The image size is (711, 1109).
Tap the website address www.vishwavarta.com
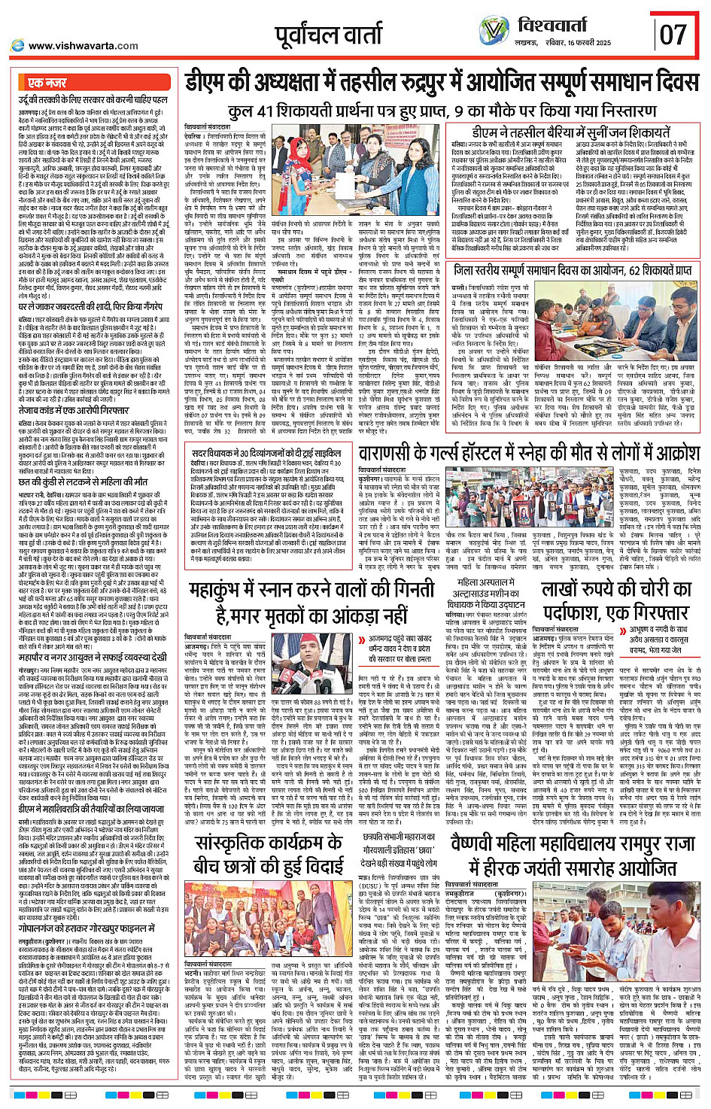click(83, 46)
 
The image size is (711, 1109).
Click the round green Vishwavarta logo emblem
click(494, 32)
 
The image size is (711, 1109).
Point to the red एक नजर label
click(47, 83)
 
